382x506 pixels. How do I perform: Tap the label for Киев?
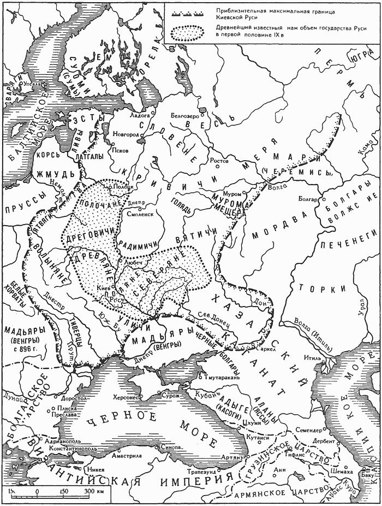coord(103,287)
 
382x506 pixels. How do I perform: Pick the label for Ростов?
coord(219,162)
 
